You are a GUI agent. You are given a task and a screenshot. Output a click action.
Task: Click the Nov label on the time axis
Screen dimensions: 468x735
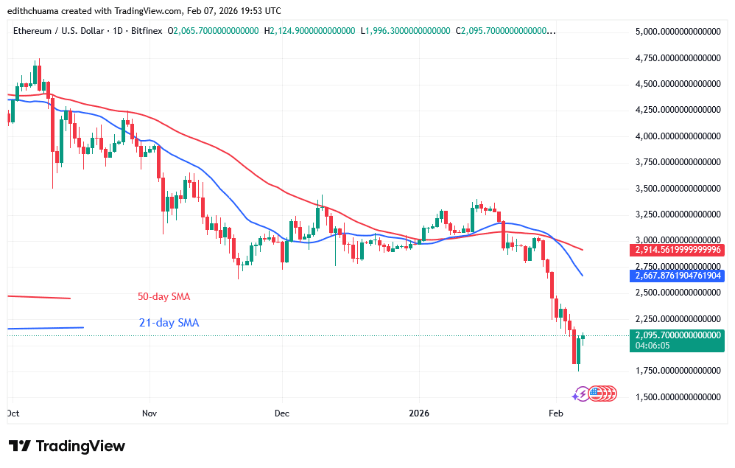pos(150,414)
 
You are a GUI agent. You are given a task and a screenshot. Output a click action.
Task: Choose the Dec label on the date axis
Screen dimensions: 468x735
pos(281,414)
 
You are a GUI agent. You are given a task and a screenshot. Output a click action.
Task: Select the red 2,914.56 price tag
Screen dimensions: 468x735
pos(677,251)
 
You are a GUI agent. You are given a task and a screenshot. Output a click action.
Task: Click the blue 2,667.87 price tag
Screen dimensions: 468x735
pos(677,276)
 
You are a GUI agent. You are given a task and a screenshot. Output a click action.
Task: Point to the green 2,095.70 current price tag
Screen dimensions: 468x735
pos(677,335)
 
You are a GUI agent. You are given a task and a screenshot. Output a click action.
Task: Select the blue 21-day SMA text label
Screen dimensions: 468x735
pos(169,323)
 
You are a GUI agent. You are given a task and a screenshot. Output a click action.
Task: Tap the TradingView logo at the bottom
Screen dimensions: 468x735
pos(67,446)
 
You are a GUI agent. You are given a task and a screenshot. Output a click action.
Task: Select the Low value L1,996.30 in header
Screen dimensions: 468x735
pos(407,31)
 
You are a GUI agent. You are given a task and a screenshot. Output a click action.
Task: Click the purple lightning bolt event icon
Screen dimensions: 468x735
pos(583,394)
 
